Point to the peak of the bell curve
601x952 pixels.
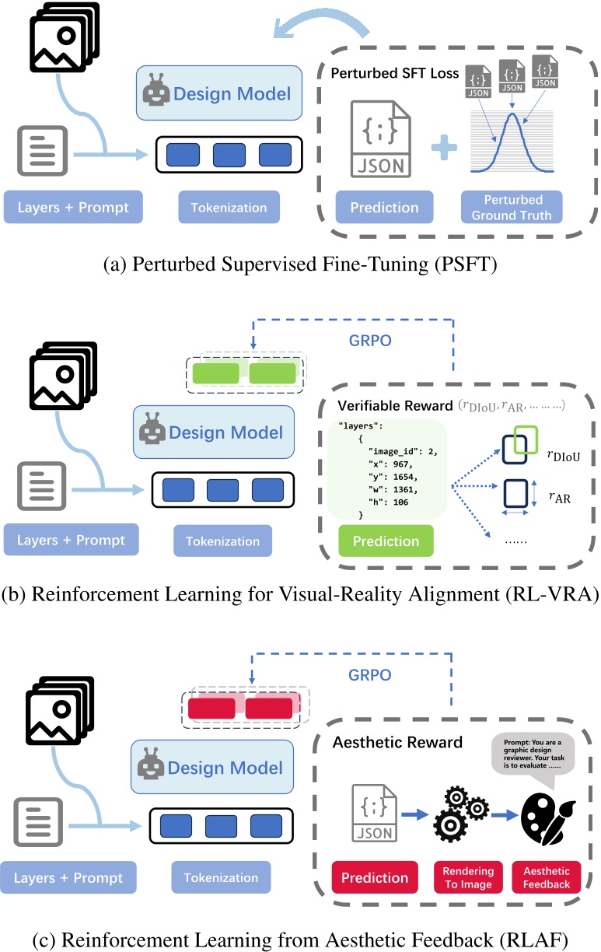pyautogui.click(x=512, y=115)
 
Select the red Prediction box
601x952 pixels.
pyautogui.click(x=370, y=878)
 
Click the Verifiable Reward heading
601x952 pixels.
pyautogui.click(x=385, y=406)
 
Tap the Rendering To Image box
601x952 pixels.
pyautogui.click(x=463, y=878)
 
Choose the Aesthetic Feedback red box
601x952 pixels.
pyautogui.click(x=546, y=878)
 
